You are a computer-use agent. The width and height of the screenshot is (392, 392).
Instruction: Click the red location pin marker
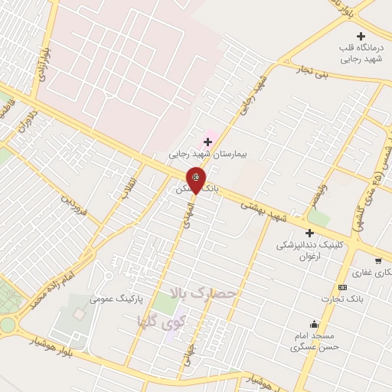click(x=196, y=179)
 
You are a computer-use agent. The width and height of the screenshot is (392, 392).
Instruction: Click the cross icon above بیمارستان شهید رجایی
click(x=207, y=142)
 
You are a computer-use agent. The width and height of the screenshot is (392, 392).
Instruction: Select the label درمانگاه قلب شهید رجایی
click(x=359, y=53)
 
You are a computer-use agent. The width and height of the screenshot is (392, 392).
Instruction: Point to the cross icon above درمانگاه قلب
click(x=361, y=36)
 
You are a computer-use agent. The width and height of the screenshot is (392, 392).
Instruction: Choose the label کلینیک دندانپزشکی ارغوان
click(x=310, y=252)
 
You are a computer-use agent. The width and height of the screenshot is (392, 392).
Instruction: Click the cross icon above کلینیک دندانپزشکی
click(x=310, y=233)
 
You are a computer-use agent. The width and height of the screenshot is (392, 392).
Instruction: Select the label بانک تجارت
click(x=342, y=299)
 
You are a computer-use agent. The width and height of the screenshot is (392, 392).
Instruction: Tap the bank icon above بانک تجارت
click(x=342, y=287)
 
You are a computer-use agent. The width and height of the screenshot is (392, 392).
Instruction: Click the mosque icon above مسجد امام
click(x=312, y=324)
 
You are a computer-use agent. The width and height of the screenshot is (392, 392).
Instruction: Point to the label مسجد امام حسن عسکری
click(x=312, y=341)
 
